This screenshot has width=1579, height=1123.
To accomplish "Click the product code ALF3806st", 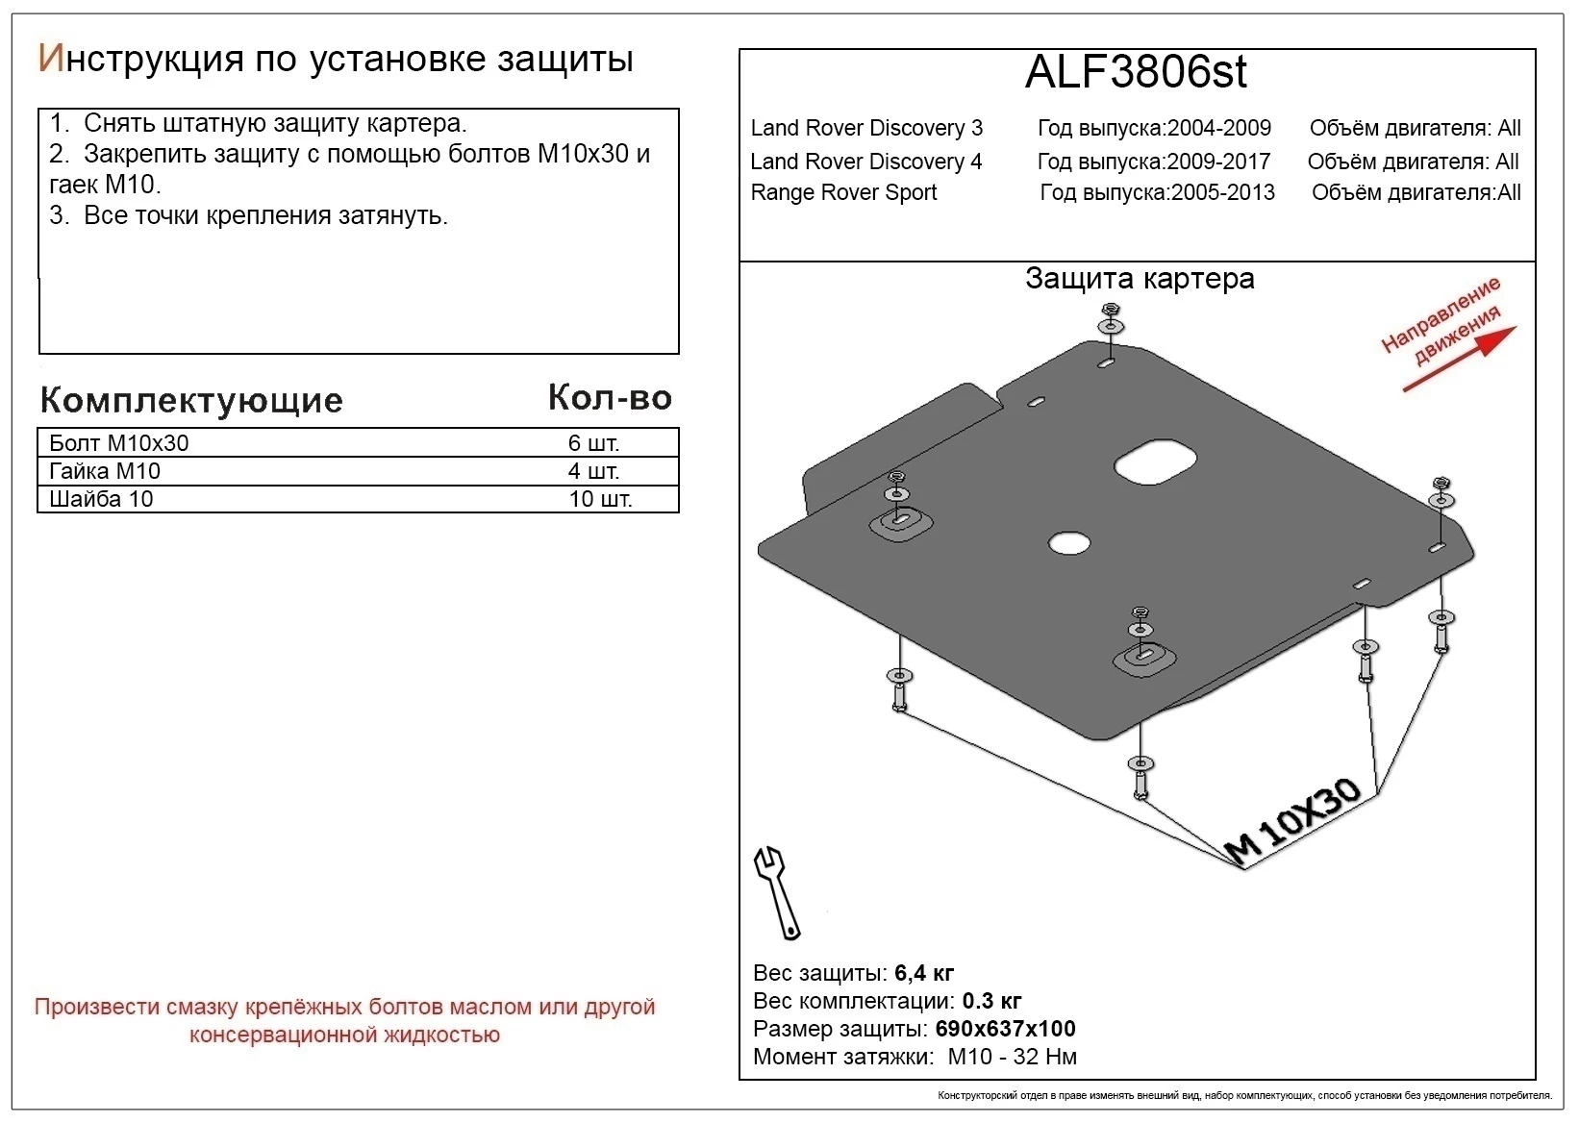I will coord(1136,72).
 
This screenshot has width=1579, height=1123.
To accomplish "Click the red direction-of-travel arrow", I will coord(1459,359).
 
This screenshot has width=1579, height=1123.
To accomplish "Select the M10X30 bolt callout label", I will coord(1293,820).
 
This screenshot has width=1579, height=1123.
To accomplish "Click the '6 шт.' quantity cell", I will coord(593,443).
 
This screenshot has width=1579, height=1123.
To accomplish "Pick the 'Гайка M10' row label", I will coord(105,471).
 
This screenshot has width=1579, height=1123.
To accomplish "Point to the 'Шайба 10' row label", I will coord(101,499).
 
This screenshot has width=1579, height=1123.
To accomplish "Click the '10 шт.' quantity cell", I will coord(600,499).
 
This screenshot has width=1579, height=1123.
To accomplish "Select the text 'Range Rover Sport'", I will coord(843,192).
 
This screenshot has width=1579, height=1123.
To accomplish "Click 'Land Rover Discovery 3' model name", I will coord(866,128).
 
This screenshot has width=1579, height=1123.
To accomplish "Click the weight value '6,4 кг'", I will coord(924,973).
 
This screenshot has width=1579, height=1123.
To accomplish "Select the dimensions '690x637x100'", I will coord(1005,1029).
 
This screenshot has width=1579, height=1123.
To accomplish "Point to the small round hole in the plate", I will coord(1068,543).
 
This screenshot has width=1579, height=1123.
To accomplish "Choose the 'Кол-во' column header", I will coord(610,398).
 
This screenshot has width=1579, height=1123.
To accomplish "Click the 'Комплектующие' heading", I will coord(191,400).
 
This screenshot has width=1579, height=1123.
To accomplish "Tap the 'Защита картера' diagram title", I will coord(1140,279).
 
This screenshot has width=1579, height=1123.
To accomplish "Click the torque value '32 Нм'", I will coord(1044,1057).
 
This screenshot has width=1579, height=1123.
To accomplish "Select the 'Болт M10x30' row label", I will coord(119,443).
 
